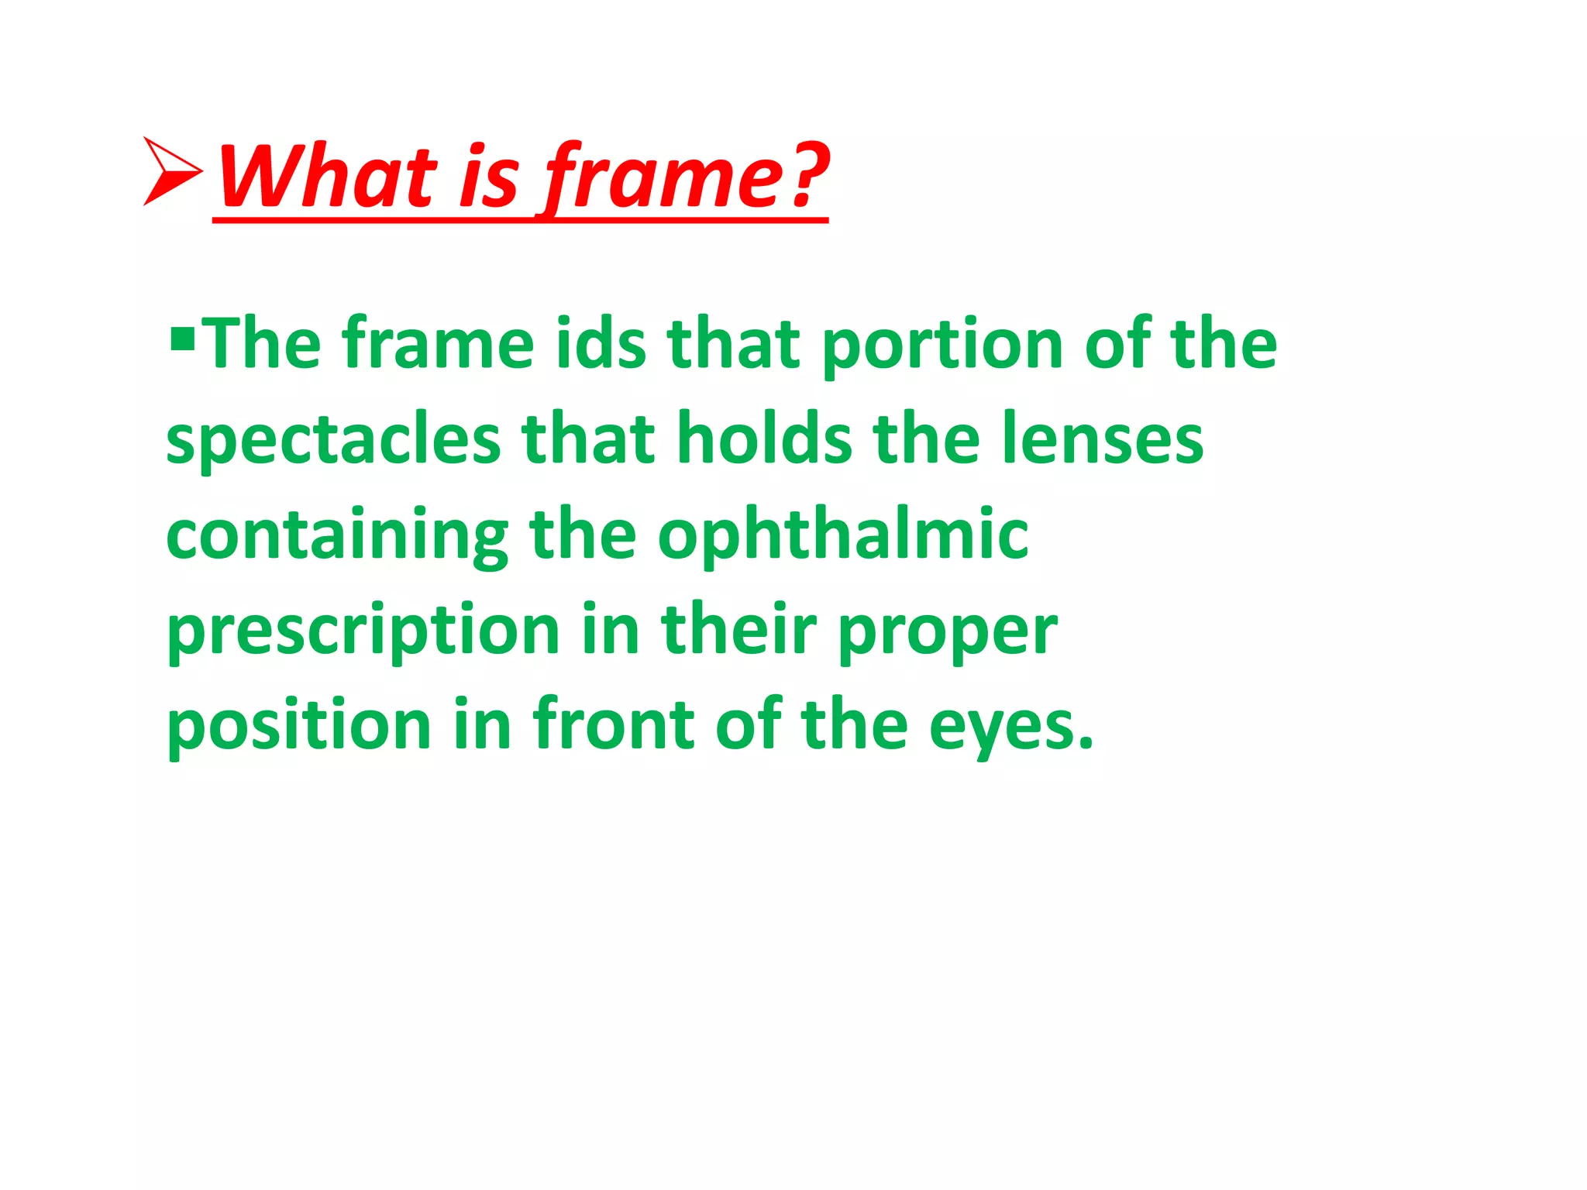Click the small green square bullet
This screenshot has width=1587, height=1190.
tap(182, 339)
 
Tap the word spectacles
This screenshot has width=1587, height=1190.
tap(333, 440)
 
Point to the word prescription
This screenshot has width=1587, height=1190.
tap(363, 631)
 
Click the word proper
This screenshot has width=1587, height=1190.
tap(947, 632)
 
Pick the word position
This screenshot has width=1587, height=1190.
tap(299, 726)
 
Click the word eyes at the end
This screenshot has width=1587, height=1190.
tap(1003, 728)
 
